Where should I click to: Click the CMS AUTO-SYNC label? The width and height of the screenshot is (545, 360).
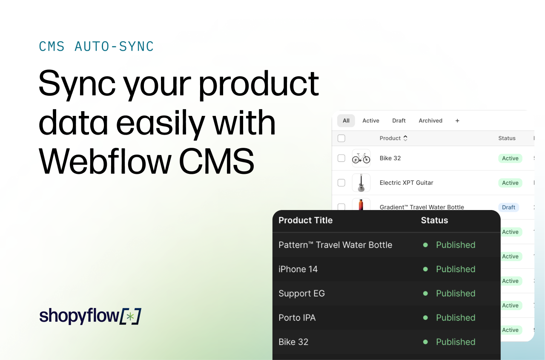96,46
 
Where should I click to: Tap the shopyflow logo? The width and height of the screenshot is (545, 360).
90,316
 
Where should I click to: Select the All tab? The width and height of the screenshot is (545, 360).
346,121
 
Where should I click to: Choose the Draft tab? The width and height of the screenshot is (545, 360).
399,121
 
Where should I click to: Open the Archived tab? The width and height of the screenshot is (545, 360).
430,121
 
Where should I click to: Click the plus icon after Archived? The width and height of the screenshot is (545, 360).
457,121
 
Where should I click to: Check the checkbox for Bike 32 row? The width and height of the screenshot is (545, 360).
341,158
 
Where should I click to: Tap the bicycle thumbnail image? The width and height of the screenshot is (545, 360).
361,158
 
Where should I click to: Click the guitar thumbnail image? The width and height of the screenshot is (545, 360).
361,183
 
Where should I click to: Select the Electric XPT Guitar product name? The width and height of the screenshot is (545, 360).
406,183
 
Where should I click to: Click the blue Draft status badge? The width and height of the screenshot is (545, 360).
508,207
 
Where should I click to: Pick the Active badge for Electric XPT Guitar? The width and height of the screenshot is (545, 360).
510,183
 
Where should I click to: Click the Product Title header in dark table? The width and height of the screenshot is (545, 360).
305,220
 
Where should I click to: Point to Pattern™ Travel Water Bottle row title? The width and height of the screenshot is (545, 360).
335,245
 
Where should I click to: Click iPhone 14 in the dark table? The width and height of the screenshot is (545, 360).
298,269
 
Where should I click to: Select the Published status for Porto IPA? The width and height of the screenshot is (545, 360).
456,318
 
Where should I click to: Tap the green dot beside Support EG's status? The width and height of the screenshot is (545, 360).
425,294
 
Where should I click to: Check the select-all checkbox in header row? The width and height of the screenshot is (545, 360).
341,138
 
